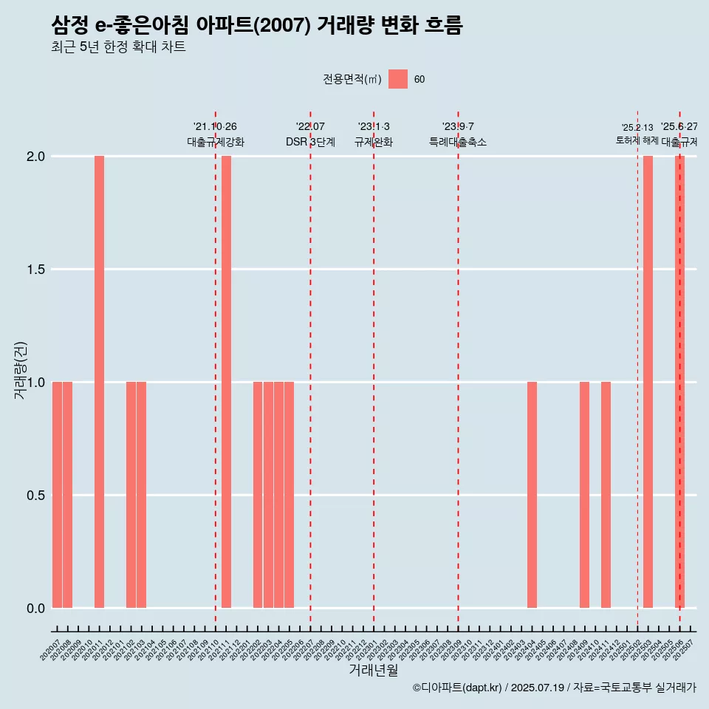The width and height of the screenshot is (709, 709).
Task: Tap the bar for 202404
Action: (532, 495)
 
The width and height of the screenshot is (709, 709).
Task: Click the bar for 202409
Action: (584, 495)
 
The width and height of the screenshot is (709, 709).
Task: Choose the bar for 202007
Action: (57, 495)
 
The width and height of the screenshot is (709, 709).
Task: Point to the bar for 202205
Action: (290, 495)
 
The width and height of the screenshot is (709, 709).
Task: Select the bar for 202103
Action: (141, 495)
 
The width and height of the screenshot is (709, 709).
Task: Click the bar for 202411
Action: (606, 495)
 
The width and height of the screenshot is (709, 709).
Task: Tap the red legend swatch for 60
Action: (398, 79)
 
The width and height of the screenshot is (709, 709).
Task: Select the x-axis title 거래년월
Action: (373, 671)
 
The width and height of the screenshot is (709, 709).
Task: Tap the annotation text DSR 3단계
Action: (310, 142)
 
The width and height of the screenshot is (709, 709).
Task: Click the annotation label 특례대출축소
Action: (458, 142)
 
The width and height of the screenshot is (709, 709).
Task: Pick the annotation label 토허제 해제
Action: (637, 140)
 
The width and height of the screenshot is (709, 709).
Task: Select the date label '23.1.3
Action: (374, 127)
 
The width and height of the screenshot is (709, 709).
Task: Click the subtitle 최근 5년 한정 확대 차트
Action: (118, 47)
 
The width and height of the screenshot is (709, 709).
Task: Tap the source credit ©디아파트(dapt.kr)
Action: (457, 688)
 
